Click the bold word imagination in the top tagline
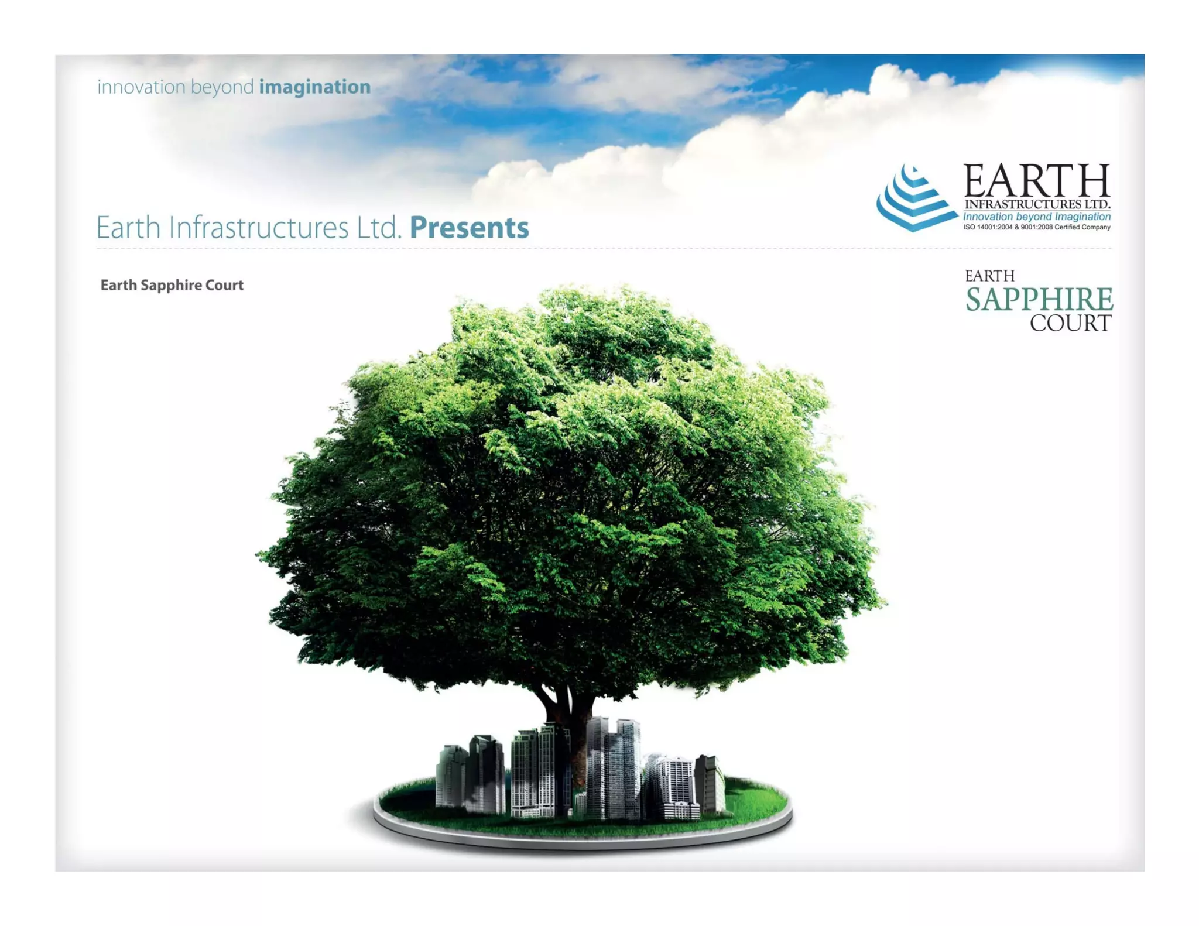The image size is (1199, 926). point(314,87)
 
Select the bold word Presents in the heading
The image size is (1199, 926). point(469,228)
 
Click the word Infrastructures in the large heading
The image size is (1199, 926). point(258,228)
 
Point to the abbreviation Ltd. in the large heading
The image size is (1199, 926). point(379,228)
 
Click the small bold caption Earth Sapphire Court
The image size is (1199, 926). point(172,285)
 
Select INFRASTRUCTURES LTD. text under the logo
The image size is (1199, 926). point(1037,204)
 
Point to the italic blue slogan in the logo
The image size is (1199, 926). point(1037,217)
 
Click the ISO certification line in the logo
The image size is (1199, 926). point(1037,227)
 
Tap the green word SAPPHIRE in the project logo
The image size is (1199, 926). point(1039,300)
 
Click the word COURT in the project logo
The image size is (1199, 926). point(1070,323)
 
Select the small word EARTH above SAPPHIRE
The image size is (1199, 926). point(989,276)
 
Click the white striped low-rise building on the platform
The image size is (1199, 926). point(676,787)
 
